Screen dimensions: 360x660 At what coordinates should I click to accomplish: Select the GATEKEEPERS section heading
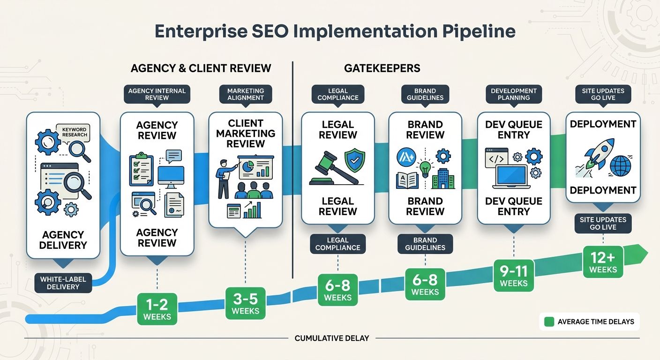(x=382, y=68)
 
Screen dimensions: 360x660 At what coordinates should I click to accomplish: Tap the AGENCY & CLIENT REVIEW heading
(x=201, y=68)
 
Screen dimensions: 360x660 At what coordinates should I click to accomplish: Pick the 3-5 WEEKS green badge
(x=245, y=303)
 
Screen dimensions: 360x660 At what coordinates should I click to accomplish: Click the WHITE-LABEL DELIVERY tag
(x=63, y=283)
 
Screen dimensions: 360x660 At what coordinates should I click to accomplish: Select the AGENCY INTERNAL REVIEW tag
(x=157, y=94)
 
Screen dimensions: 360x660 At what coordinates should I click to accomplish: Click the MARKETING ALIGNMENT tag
(x=245, y=94)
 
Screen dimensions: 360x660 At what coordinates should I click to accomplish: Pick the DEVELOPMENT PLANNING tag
(x=513, y=94)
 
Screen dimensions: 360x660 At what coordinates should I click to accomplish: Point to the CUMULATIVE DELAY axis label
(x=331, y=338)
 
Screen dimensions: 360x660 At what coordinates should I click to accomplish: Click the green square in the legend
(x=549, y=322)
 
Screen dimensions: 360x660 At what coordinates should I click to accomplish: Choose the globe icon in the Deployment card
(x=621, y=166)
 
